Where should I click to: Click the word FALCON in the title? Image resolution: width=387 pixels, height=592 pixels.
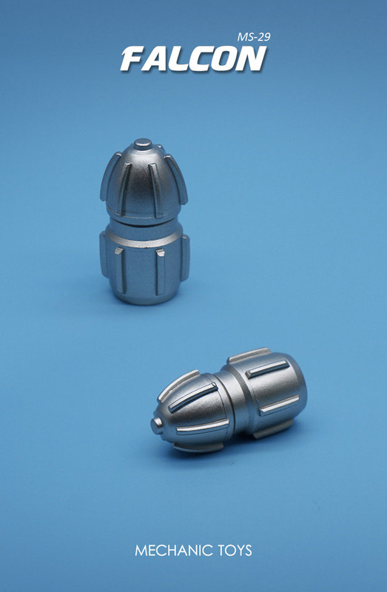tap(192, 59)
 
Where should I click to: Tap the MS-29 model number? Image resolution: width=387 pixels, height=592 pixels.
tap(249, 36)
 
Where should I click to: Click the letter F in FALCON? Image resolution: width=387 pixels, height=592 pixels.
tap(134, 59)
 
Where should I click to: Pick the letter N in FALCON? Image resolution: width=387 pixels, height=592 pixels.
tap(251, 59)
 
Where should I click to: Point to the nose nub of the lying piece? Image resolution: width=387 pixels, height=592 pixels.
tap(158, 425)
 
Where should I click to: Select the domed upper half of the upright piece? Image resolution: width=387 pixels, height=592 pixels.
tap(144, 181)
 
